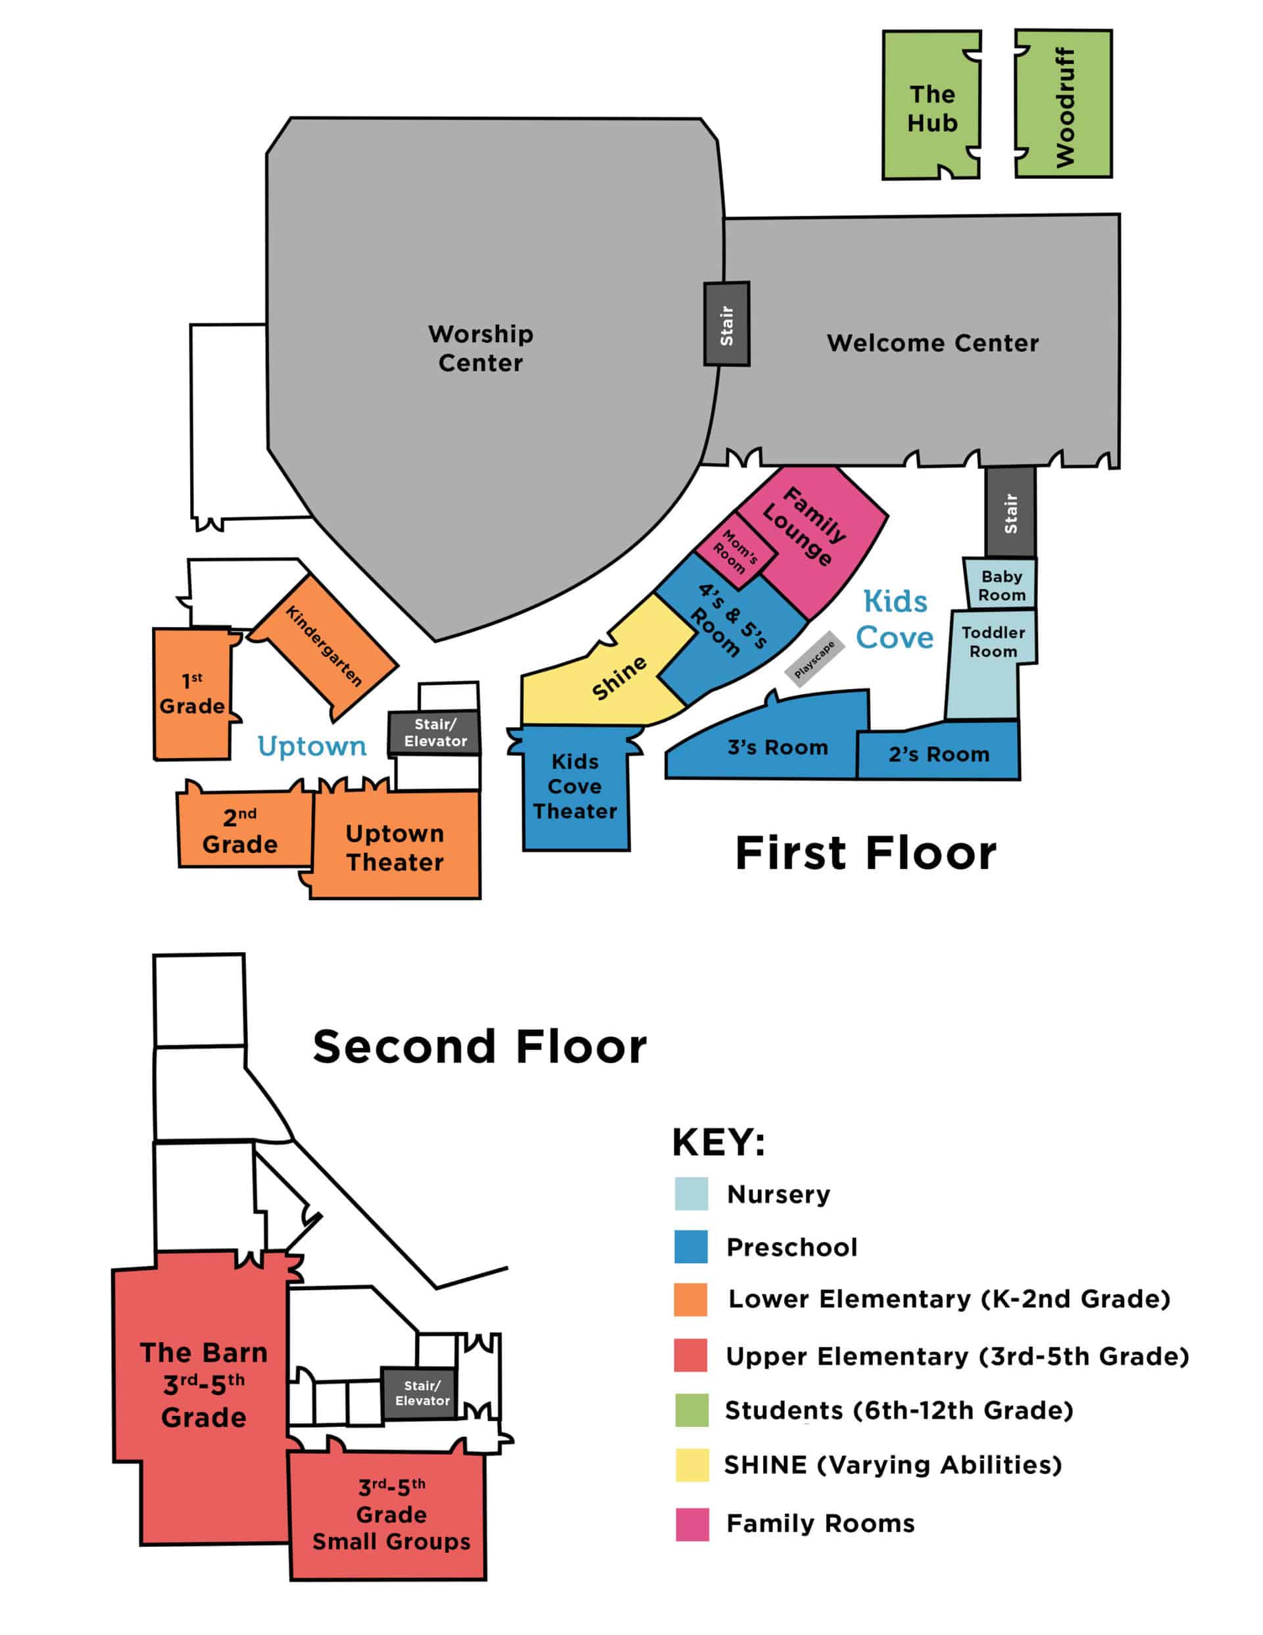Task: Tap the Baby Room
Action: pyautogui.click(x=1001, y=585)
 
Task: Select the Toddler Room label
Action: pyautogui.click(x=993, y=641)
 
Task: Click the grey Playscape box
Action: pyautogui.click(x=814, y=659)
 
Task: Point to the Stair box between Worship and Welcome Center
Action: pyautogui.click(x=726, y=324)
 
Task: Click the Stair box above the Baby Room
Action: pyautogui.click(x=1010, y=512)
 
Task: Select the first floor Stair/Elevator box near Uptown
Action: pyautogui.click(x=434, y=732)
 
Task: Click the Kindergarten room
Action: pyautogui.click(x=324, y=645)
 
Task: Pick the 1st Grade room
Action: pyautogui.click(x=191, y=694)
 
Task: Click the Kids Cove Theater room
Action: pyautogui.click(x=575, y=786)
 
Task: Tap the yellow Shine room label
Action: pyautogui.click(x=618, y=678)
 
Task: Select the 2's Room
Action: pyautogui.click(x=938, y=754)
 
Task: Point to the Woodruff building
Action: pyautogui.click(x=1064, y=105)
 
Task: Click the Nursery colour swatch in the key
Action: pyautogui.click(x=690, y=1194)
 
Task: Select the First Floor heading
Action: pyautogui.click(x=865, y=853)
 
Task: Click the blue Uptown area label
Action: pyautogui.click(x=311, y=746)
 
